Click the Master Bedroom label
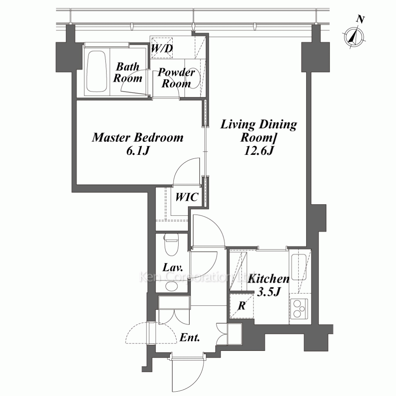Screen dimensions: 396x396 (138, 138)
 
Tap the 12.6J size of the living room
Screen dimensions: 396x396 (259, 151)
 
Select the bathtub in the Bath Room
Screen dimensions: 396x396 (96, 72)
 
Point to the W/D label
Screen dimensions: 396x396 (162, 48)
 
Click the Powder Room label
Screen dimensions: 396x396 (176, 78)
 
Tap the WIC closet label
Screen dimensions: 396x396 (187, 197)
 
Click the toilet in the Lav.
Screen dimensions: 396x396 (171, 244)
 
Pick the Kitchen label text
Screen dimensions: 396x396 (268, 279)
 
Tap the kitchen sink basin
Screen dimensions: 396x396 (299, 267)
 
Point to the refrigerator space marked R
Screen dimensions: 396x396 (242, 306)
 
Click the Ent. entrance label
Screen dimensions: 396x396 (190, 337)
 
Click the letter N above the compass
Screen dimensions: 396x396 (361, 19)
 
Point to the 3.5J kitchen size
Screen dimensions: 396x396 (268, 292)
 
